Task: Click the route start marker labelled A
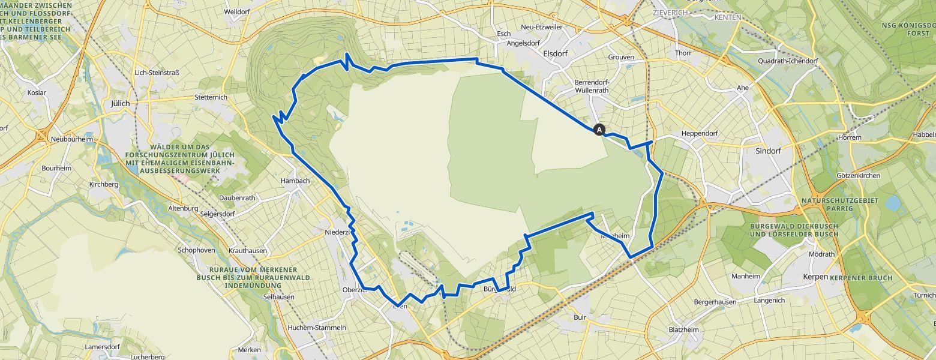tap(599, 129)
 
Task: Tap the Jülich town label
tap(120, 103)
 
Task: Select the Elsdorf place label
tap(554, 53)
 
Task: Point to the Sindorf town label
tap(768, 151)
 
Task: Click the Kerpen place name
tap(815, 277)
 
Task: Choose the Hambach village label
tap(295, 181)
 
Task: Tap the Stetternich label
tap(211, 97)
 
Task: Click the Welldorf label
tap(236, 11)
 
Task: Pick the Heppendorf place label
tap(700, 133)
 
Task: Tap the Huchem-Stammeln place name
tap(317, 328)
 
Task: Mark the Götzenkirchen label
tap(857, 176)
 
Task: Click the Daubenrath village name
tap(237, 197)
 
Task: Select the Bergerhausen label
tap(715, 302)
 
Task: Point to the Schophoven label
tap(196, 250)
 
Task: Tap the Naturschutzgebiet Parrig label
tap(838, 204)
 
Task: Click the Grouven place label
tap(621, 58)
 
